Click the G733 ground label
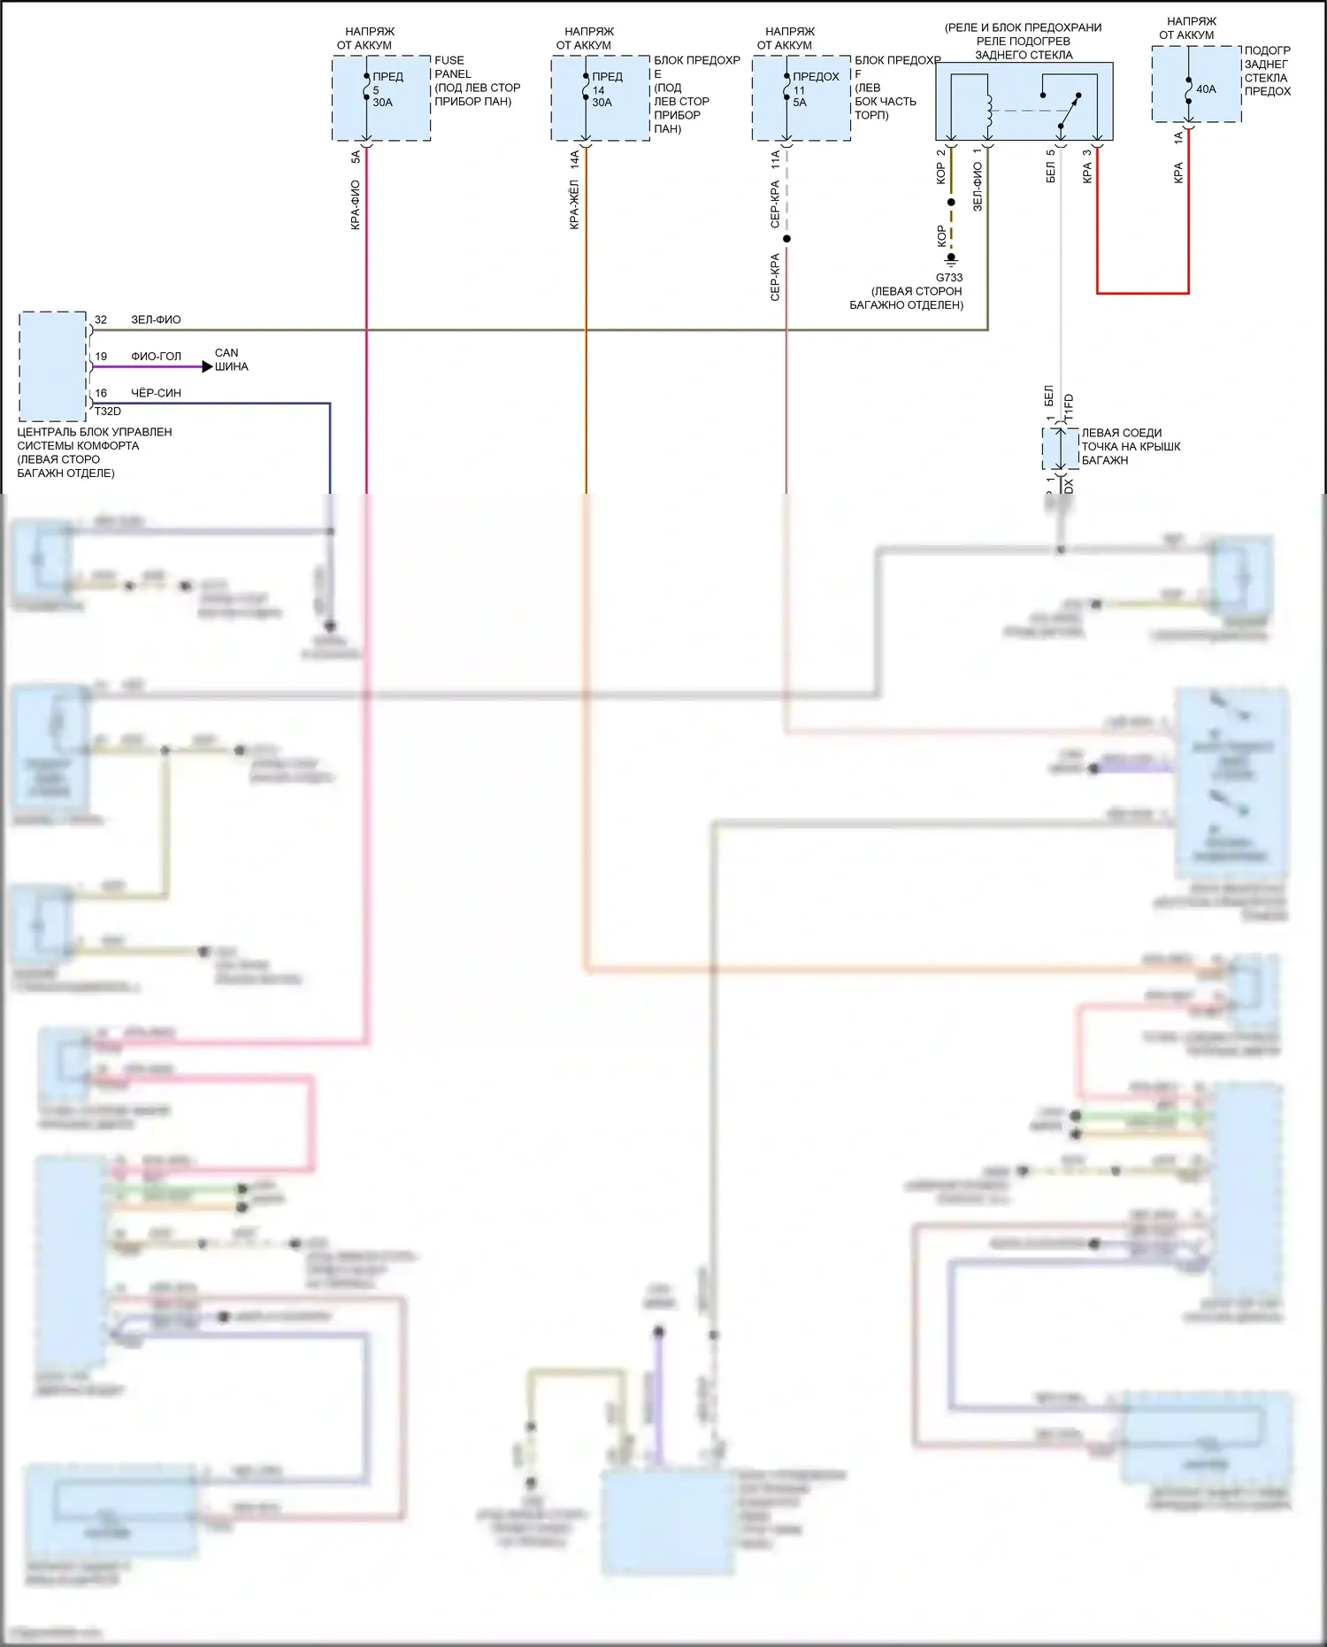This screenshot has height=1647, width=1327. [949, 277]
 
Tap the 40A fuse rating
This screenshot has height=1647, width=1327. [1206, 89]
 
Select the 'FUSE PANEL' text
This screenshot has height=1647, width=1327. [452, 67]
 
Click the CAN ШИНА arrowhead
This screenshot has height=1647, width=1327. [208, 366]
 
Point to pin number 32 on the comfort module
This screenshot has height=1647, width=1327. [101, 319]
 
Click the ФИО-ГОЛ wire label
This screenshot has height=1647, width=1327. [156, 357]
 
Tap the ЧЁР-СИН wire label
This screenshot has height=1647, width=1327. [156, 393]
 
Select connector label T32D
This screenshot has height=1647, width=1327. [108, 412]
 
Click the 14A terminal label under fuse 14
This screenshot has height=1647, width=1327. [575, 159]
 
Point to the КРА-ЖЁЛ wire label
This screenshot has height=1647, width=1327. [574, 204]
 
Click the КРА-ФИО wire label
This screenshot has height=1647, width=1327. [356, 204]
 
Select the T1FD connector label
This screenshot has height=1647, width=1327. [1069, 406]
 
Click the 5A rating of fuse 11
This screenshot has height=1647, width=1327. [800, 103]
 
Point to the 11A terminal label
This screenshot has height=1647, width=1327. [776, 159]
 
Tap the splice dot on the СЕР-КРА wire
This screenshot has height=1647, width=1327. [786, 239]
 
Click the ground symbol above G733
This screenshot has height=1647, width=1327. [951, 260]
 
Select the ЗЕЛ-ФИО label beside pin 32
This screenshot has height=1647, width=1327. [156, 319]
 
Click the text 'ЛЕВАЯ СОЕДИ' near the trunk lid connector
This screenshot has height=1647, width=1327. [1121, 433]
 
